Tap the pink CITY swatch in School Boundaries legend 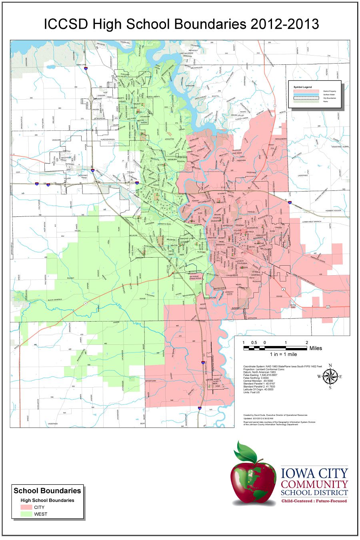(x=26, y=507)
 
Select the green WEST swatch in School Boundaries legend (x=26, y=514)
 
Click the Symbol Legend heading (x=302, y=87)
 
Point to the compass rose (x=330, y=376)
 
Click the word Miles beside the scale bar (x=316, y=348)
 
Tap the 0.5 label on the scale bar (x=254, y=343)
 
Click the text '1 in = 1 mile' (x=283, y=354)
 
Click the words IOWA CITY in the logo (x=314, y=473)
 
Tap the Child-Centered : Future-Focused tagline (x=314, y=501)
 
